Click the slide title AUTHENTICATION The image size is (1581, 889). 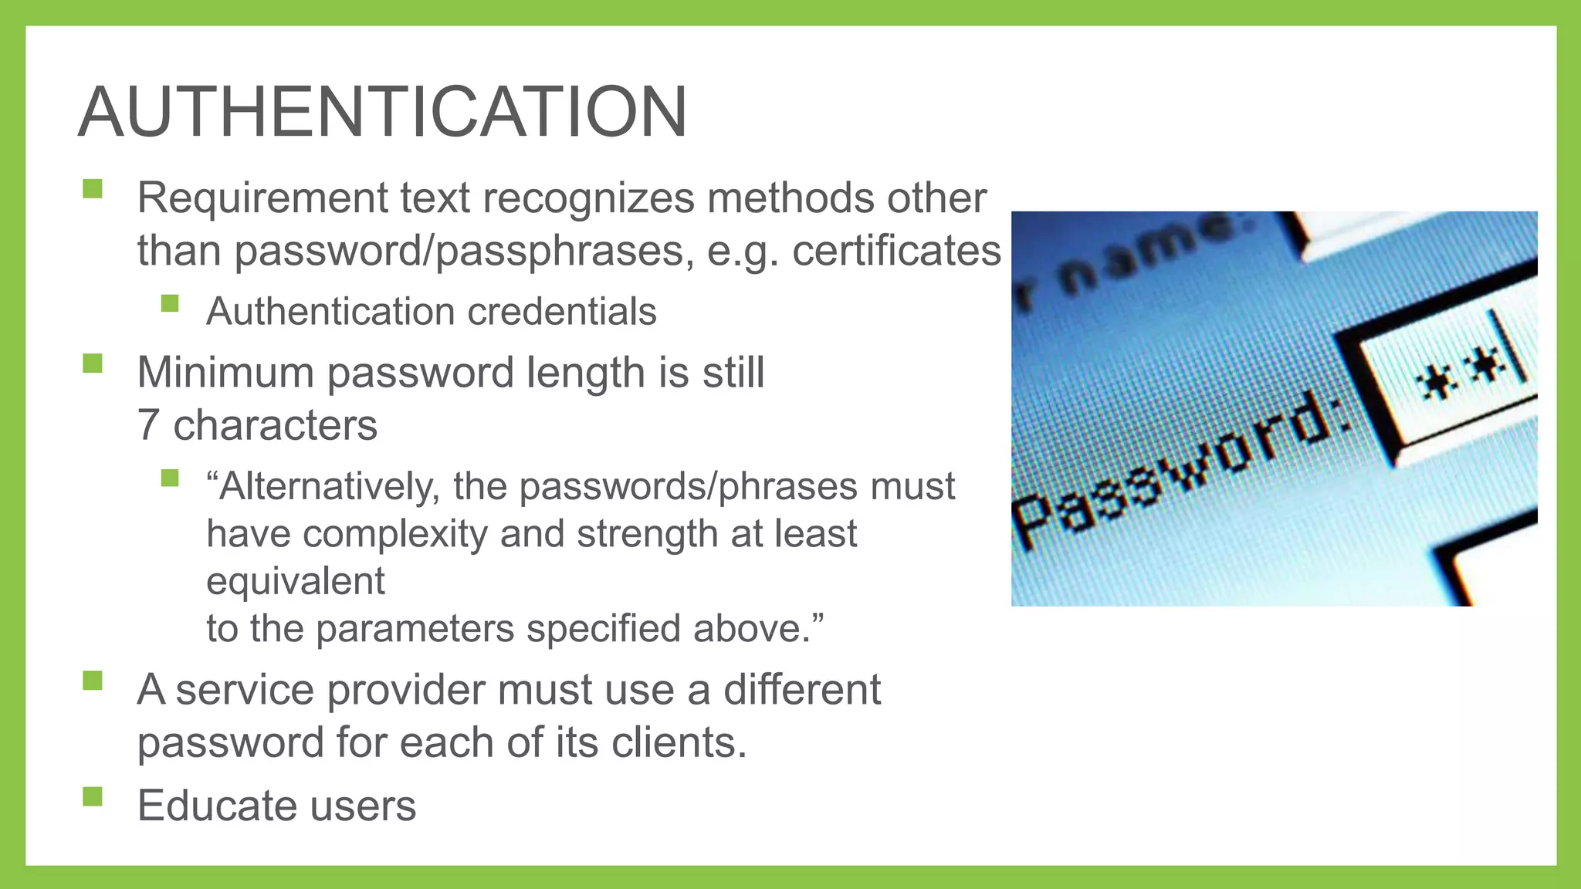[x=382, y=112]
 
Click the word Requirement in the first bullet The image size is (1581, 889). [x=262, y=198]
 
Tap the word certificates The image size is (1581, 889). [x=896, y=251]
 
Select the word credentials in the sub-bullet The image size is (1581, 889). [x=561, y=312]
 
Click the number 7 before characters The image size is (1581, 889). [x=148, y=425]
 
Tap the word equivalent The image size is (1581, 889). [x=295, y=582]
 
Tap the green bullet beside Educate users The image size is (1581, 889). [x=93, y=796]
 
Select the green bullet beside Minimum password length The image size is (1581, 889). [x=93, y=363]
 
